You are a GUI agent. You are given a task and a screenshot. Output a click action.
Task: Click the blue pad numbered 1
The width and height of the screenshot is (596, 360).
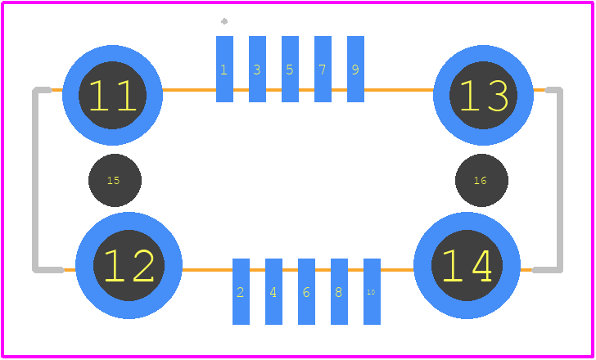coord(224,69)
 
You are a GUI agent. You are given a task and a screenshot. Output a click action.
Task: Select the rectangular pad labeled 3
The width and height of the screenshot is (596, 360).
coord(257,69)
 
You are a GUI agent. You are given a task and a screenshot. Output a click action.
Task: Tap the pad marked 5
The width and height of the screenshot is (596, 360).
coord(290,69)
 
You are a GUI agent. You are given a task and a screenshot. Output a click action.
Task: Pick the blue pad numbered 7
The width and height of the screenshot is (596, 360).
coord(323,69)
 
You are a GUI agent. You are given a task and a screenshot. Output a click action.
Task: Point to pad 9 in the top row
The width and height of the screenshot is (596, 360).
coord(355,69)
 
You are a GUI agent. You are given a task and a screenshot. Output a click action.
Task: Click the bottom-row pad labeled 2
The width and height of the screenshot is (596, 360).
coord(241,291)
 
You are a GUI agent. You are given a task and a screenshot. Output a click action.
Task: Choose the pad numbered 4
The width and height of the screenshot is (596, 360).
coord(273,291)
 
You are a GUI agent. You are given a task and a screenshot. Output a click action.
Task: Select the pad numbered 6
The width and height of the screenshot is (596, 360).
coord(306,291)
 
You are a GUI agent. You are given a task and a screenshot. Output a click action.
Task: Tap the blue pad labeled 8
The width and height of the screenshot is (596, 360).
coord(339,291)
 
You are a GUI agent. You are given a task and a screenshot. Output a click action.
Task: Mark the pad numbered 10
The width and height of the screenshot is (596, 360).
coord(372,291)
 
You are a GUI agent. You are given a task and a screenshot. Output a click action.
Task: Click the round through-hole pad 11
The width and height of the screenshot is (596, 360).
coord(112,95)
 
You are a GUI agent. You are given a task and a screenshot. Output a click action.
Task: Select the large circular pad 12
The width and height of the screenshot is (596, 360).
coord(129,265)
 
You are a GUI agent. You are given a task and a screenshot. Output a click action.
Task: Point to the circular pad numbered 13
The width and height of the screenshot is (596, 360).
coord(483,95)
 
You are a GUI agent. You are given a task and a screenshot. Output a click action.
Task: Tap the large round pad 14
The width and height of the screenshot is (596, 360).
coord(467,265)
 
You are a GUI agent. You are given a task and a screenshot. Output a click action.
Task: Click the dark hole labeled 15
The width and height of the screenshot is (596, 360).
coord(115,180)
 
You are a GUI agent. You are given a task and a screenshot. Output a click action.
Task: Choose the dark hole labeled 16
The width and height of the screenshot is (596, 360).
coord(481,180)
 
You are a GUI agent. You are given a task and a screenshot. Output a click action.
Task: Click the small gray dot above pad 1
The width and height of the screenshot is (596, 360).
coord(224,21)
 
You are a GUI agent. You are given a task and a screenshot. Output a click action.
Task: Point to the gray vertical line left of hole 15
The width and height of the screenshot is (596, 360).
coord(35,180)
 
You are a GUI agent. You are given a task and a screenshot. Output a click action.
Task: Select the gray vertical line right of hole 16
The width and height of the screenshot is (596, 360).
coord(559,180)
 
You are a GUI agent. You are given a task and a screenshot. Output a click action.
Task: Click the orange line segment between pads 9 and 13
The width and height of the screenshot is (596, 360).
coord(399,90)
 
